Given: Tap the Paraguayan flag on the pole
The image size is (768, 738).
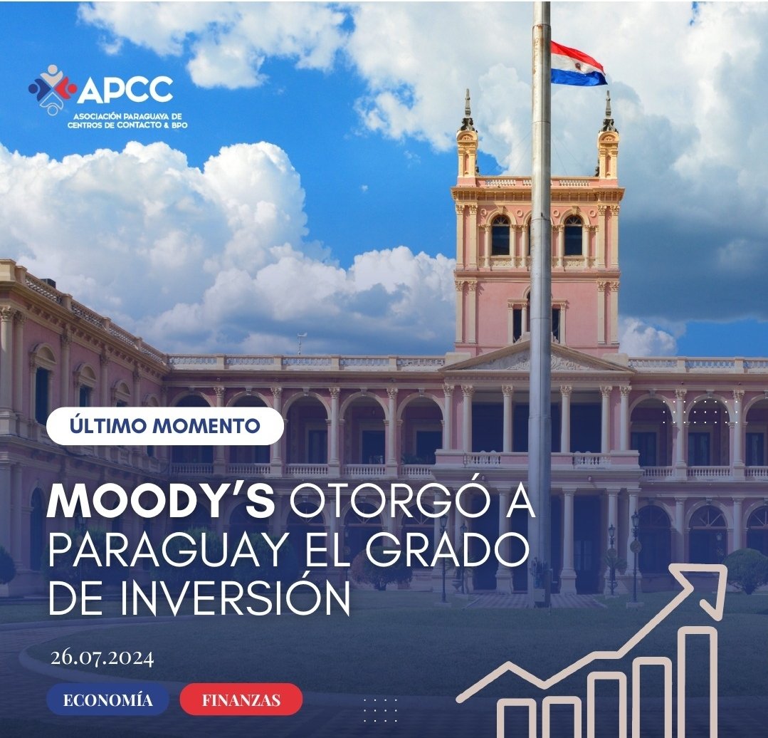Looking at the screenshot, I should (578, 64).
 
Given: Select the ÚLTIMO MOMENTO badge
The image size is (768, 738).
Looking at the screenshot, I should (165, 426).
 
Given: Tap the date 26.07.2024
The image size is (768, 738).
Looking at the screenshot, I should (102, 657).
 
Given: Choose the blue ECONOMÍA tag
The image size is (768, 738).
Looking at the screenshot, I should (107, 700).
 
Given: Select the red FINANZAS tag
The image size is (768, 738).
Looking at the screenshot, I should (241, 700).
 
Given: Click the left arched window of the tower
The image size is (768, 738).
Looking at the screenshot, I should (500, 236).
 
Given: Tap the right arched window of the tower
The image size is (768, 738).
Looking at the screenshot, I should (573, 236).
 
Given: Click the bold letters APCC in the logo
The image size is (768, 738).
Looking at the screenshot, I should (125, 90).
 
